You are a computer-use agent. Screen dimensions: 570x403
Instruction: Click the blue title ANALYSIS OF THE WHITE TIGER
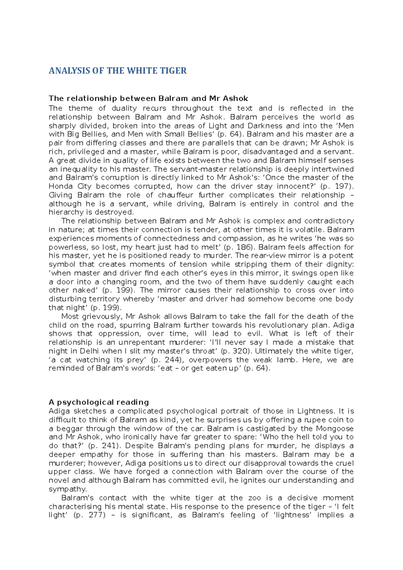tap(118, 70)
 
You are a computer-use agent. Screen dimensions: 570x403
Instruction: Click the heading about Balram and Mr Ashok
tap(148, 98)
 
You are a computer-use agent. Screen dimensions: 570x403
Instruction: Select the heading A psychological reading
tap(99, 402)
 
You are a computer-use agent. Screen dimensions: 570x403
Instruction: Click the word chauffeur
tap(175, 195)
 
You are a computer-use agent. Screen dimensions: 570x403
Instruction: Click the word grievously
tap(100, 317)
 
